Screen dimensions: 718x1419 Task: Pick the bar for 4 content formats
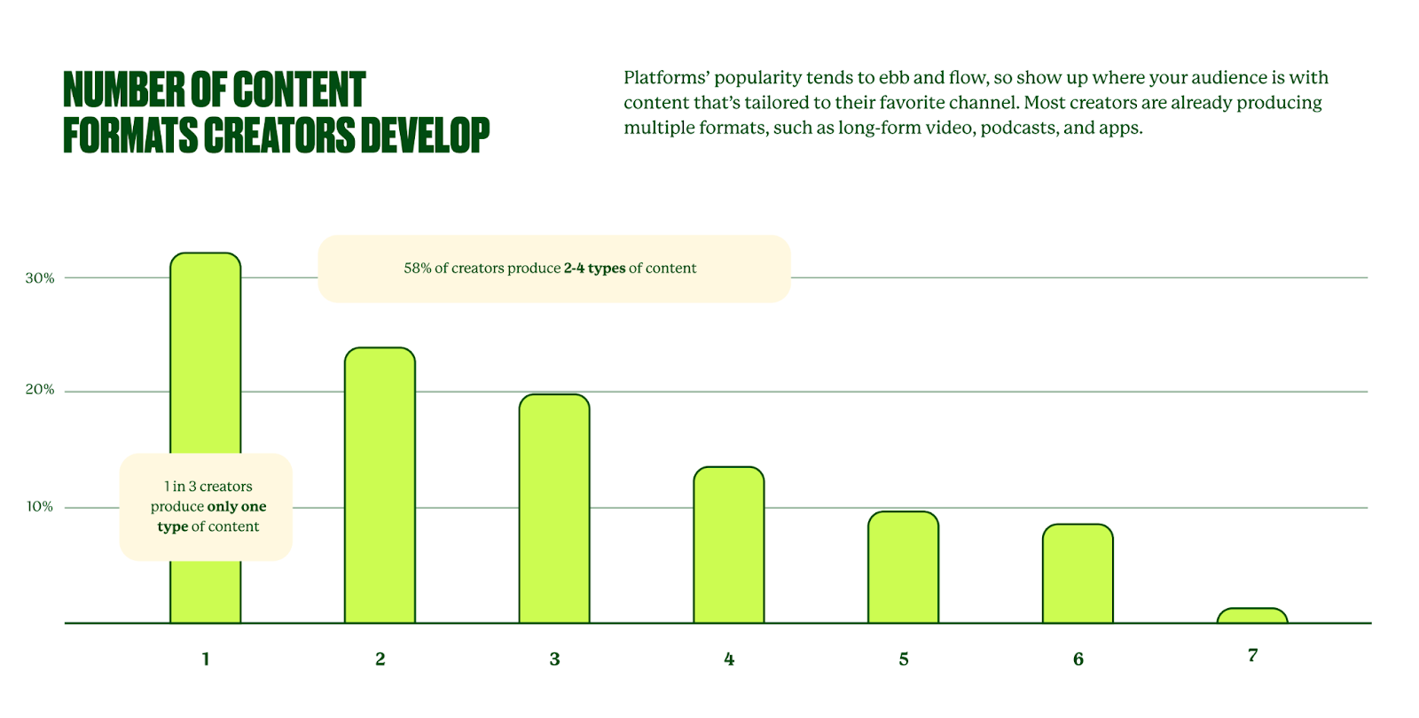coord(728,544)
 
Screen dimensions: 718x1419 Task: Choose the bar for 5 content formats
coord(903,567)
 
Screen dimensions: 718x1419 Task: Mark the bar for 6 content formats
coord(1078,574)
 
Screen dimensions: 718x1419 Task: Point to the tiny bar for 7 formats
coord(1251,616)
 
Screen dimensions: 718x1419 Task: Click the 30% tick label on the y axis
coord(40,278)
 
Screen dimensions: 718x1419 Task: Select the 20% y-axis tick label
coord(40,390)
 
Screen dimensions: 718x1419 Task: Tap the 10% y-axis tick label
coord(40,507)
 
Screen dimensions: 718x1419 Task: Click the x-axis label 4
coord(729,659)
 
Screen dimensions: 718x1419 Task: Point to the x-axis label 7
coord(1252,655)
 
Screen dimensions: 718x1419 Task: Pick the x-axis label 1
coord(206,659)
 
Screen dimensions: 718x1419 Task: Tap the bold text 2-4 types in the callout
coord(594,269)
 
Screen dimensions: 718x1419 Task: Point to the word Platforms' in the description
coord(665,78)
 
